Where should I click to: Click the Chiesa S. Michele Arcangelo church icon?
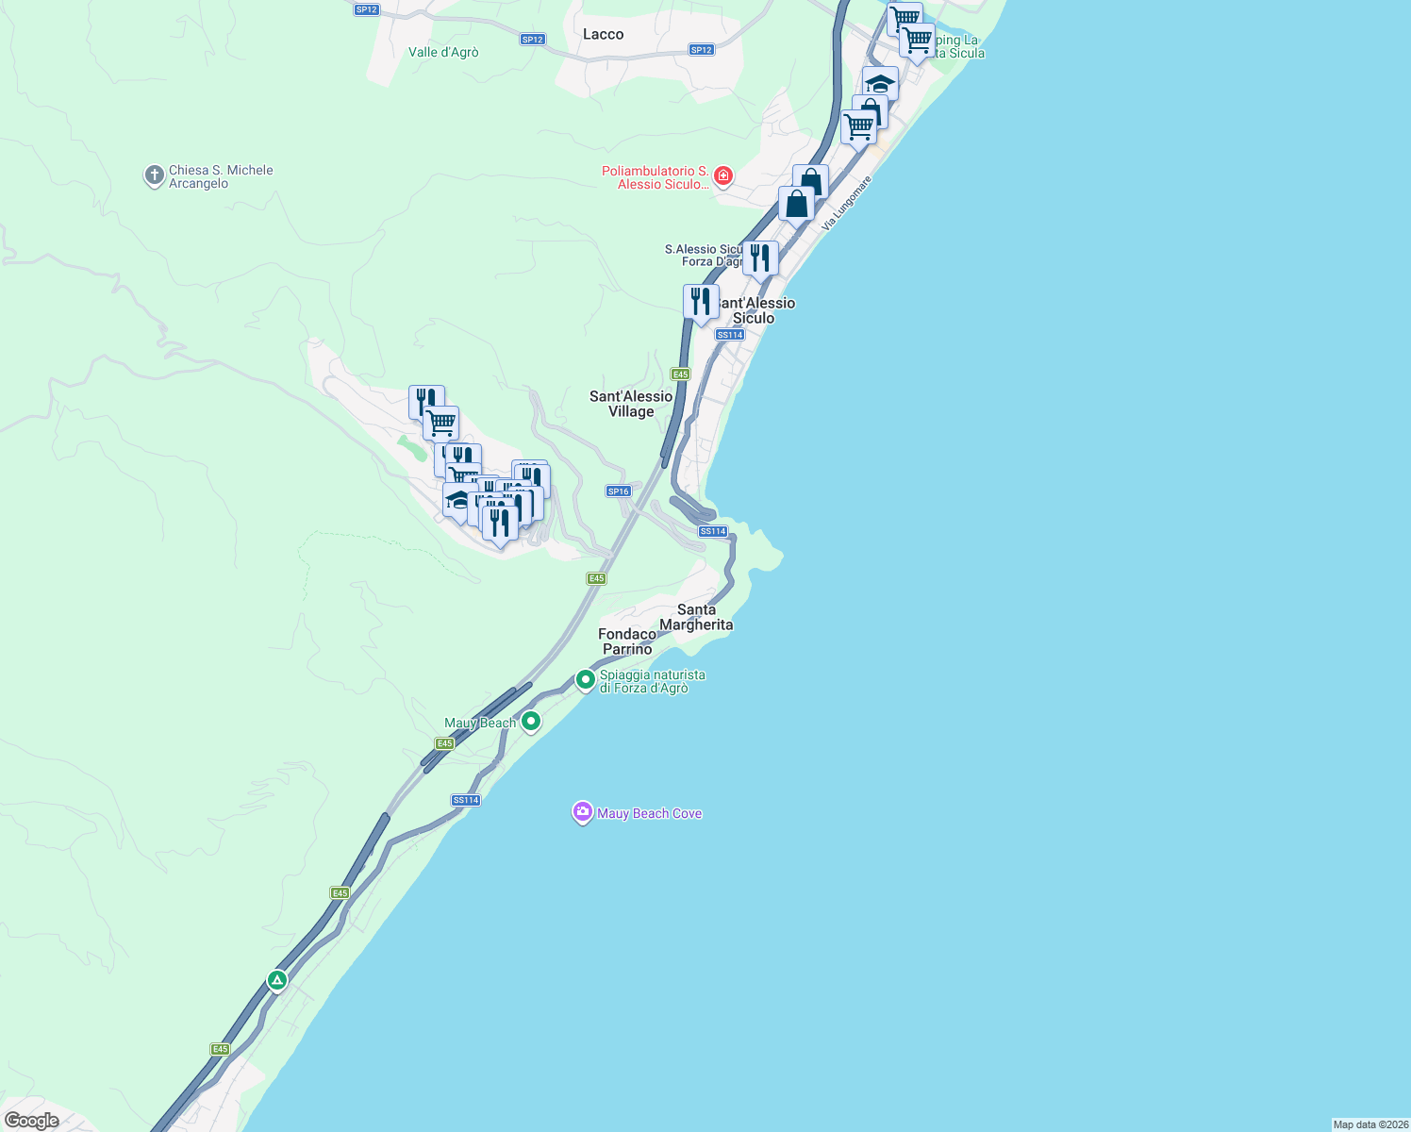(x=154, y=176)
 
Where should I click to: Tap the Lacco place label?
(x=603, y=35)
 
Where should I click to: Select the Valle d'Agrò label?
(x=443, y=53)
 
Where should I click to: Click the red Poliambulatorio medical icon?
(x=723, y=176)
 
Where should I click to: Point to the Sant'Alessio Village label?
(x=631, y=404)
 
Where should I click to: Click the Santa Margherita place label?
(x=696, y=617)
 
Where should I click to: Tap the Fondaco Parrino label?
(x=627, y=641)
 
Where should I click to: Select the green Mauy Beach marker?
(x=531, y=722)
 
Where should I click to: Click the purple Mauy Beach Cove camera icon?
(x=582, y=812)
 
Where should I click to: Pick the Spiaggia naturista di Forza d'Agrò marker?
(x=585, y=679)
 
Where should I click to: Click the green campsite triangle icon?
(x=276, y=980)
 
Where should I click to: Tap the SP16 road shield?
(x=618, y=491)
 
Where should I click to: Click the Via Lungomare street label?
(x=846, y=204)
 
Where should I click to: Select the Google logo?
(x=31, y=1121)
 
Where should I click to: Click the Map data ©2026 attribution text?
(x=1369, y=1124)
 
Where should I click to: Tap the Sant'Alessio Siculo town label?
(x=755, y=310)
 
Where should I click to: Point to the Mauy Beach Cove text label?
(x=649, y=813)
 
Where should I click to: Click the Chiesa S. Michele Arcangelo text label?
(x=221, y=176)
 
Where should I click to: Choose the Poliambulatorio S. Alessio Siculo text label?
(x=656, y=177)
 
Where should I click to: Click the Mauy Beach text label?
(x=480, y=723)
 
